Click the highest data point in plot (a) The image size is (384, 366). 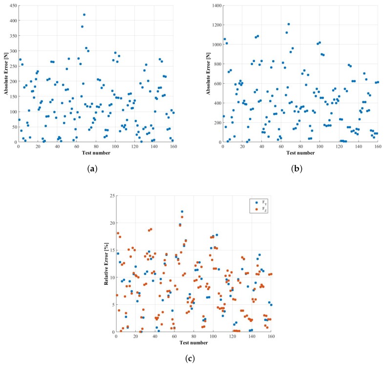(x=84, y=15)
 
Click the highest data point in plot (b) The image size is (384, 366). (x=288, y=24)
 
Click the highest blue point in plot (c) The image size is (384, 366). (x=182, y=211)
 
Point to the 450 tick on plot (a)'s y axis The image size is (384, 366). (x=12, y=5)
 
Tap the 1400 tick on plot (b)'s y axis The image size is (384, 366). (x=214, y=5)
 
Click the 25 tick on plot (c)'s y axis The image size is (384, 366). (x=112, y=195)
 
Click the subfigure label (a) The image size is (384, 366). (x=91, y=169)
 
